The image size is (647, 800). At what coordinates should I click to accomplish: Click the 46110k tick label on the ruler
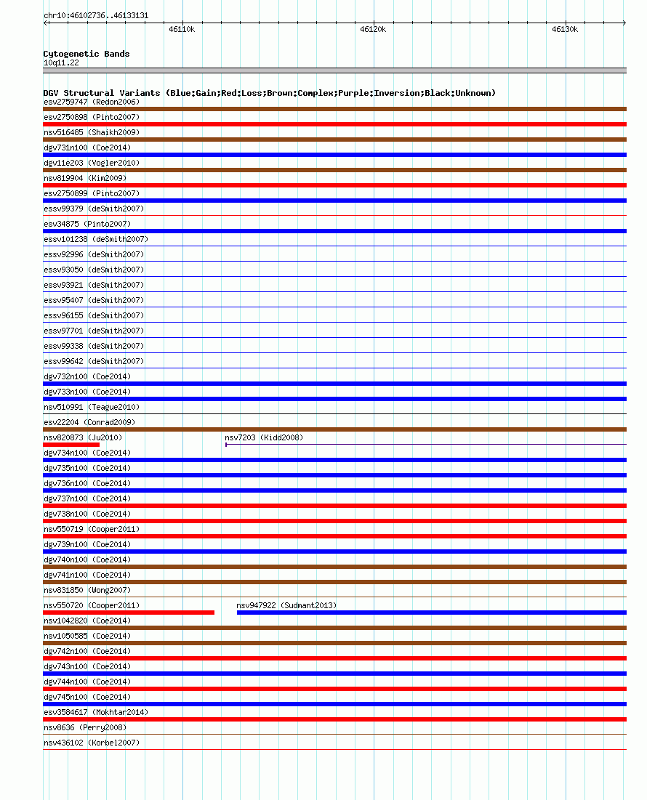pos(181,30)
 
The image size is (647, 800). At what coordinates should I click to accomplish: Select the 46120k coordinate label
pos(373,30)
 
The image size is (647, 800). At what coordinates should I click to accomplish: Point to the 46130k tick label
pos(565,30)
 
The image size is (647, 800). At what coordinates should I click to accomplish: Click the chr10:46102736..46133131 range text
pos(96,15)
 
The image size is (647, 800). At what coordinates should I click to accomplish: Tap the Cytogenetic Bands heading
pos(87,54)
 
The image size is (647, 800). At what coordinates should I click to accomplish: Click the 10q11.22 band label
pos(61,62)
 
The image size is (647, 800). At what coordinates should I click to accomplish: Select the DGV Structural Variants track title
pos(269,93)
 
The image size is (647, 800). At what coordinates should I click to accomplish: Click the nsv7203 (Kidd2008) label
pos(264,437)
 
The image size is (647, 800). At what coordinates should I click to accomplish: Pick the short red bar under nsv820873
pos(71,444)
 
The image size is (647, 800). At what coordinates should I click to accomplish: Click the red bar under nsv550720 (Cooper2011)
pos(129,613)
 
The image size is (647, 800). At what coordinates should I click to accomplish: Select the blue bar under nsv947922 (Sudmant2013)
pos(431,613)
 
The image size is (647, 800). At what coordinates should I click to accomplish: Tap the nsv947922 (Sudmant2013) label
pos(286,605)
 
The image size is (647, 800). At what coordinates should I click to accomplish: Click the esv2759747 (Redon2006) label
pos(92,102)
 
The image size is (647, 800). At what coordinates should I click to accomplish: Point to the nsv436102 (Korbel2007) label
pos(92,743)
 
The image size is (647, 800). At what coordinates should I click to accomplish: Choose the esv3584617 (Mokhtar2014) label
pos(96,712)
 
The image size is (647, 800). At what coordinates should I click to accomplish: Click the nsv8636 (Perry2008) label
pos(85,727)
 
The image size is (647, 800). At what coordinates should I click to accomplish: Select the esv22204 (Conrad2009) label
pos(89,422)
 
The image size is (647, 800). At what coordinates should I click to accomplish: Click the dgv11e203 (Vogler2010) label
pos(92,163)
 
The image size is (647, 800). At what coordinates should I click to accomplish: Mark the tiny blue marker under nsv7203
pos(226,444)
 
